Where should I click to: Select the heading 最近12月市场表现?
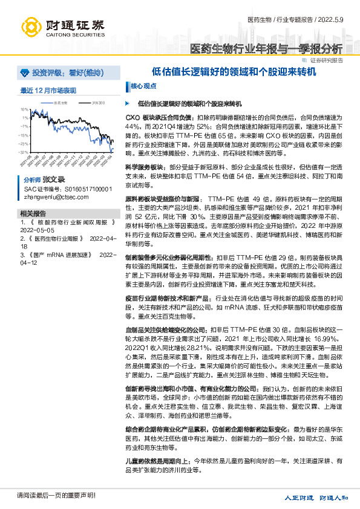[x=48, y=91]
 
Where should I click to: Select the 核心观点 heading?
[x=143, y=86]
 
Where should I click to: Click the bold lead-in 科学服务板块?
[x=143, y=166]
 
